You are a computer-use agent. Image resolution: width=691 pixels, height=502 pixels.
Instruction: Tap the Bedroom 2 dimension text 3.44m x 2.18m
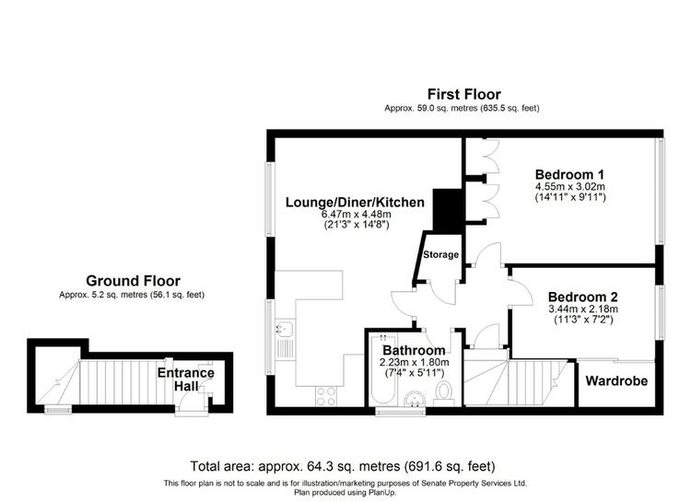pos(583,309)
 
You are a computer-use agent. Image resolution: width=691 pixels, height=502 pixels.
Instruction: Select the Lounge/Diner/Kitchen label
pos(355,203)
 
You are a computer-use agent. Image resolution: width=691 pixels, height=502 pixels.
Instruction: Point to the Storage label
pos(440,254)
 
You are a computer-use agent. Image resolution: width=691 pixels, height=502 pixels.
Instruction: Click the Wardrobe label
pos(616,380)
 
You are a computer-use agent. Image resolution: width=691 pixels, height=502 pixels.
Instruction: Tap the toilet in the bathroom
pos(444,393)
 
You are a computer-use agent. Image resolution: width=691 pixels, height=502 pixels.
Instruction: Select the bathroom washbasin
pos(415,399)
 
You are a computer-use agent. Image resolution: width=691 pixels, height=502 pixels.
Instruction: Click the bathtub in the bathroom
pos(383,369)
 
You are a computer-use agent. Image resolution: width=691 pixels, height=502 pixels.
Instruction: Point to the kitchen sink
pos(286,338)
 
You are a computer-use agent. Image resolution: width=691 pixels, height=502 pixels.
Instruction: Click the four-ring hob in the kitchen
pos(325,395)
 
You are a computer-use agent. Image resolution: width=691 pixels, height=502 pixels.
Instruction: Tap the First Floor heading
pos(464,94)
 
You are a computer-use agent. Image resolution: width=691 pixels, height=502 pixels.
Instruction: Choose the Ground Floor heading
pos(133,281)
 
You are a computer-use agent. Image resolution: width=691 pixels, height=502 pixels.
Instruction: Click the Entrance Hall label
pos(186,379)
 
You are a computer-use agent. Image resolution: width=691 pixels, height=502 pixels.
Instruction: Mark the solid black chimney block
pos(447,210)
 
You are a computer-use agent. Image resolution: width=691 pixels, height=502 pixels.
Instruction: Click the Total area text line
pos(343,466)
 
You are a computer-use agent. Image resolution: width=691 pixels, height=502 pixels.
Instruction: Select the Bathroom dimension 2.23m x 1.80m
pos(415,363)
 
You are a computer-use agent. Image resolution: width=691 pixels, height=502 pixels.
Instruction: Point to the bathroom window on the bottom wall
pos(400,411)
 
